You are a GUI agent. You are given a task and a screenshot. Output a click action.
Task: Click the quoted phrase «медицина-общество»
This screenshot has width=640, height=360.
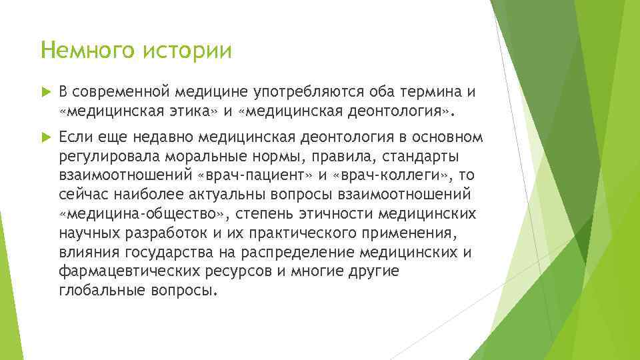141,214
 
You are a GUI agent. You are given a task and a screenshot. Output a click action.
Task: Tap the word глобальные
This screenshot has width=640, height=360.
100,291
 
